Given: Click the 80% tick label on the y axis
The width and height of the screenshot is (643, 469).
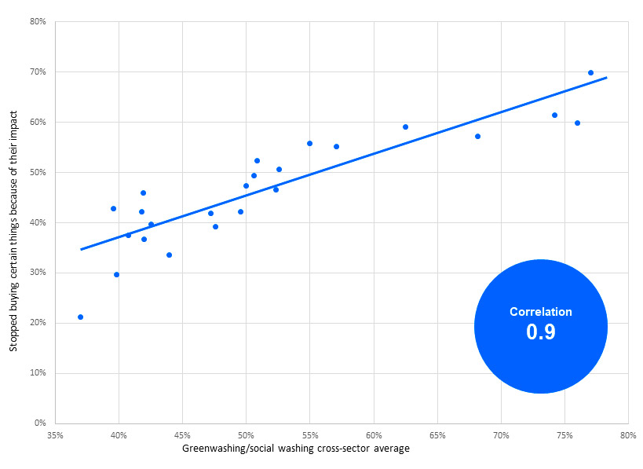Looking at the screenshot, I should pyautogui.click(x=38, y=21).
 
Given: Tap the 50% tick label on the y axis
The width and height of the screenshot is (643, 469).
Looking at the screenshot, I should pyautogui.click(x=38, y=172).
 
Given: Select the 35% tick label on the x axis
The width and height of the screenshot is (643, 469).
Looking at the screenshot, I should pyautogui.click(x=55, y=434).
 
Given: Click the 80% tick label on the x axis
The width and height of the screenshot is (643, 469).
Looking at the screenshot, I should pyautogui.click(x=627, y=434).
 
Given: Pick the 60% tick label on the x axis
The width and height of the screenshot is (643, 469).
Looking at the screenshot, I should pyautogui.click(x=373, y=434).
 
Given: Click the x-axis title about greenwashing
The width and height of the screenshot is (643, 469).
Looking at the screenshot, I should pyautogui.click(x=295, y=449).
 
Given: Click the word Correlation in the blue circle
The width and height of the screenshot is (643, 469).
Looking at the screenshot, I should pyautogui.click(x=541, y=312).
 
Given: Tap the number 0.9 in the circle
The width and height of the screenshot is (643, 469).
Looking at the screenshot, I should pyautogui.click(x=541, y=332).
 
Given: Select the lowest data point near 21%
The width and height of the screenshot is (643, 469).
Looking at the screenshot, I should pyautogui.click(x=80, y=317).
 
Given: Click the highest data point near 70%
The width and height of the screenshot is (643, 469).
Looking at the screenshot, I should pyautogui.click(x=590, y=72).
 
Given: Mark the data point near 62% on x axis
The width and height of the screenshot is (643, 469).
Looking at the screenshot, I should pyautogui.click(x=405, y=126).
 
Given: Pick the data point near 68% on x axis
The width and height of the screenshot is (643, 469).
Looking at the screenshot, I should pyautogui.click(x=477, y=136).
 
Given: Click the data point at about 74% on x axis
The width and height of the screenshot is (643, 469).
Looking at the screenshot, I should pyautogui.click(x=554, y=115).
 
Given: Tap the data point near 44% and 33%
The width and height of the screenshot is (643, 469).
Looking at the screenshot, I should pyautogui.click(x=169, y=255).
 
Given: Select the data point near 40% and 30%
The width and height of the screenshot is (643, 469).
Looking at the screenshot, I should pyautogui.click(x=116, y=274).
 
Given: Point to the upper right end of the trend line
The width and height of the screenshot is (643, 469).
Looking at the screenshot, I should pyautogui.click(x=607, y=78).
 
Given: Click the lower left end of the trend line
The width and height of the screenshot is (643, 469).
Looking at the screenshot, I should pyautogui.click(x=81, y=249).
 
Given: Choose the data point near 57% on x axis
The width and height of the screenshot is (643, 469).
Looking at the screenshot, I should pyautogui.click(x=336, y=146).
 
